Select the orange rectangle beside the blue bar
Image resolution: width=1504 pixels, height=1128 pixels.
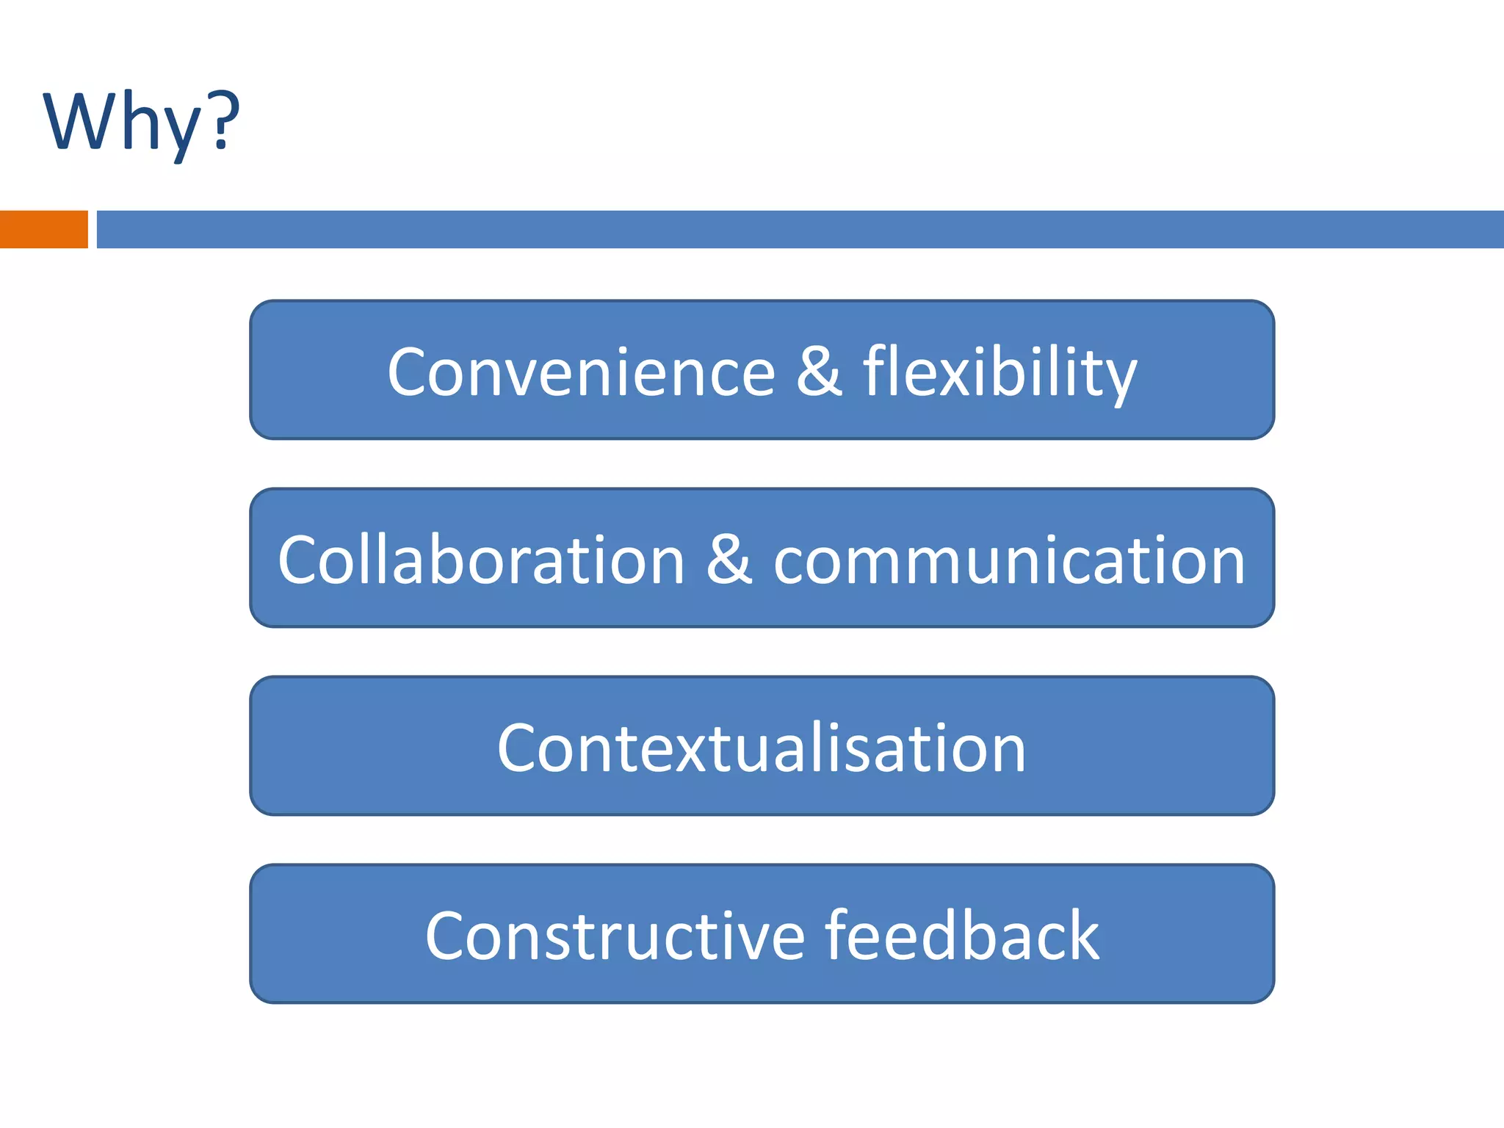tap(43, 229)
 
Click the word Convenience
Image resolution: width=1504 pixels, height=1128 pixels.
tap(581, 372)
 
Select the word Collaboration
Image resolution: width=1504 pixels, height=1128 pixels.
tap(481, 560)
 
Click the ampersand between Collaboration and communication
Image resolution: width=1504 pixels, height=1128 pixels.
tap(729, 559)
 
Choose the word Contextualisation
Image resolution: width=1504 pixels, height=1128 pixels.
tap(761, 748)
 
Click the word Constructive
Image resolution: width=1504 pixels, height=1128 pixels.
tap(615, 936)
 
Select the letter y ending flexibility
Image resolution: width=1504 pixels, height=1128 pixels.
tap(1119, 378)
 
